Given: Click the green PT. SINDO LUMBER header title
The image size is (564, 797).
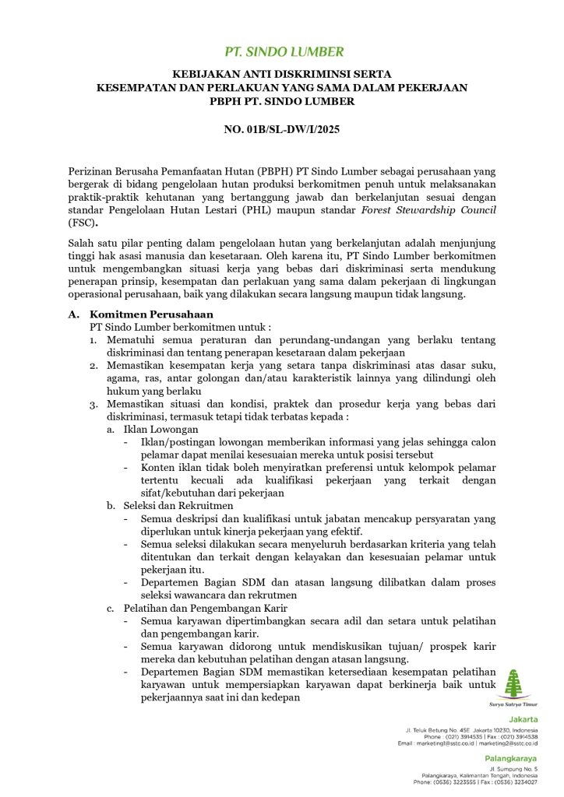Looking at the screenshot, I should [x=284, y=53].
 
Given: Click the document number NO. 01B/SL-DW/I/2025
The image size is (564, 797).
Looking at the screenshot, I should [x=282, y=129].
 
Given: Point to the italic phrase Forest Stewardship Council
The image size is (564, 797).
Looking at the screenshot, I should [x=430, y=211].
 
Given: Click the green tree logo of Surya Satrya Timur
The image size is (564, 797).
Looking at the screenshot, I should [x=512, y=683].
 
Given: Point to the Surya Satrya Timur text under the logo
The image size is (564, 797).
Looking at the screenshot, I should [x=512, y=703].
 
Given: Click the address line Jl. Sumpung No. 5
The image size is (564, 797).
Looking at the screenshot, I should [x=515, y=769].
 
